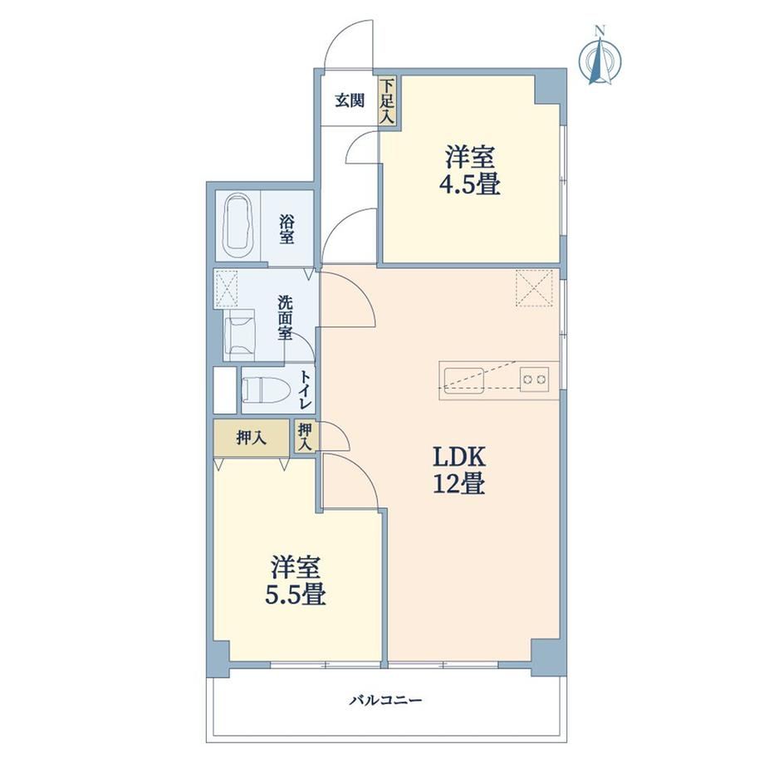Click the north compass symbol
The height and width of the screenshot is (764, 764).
[x=600, y=57]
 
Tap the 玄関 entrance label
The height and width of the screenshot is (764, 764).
[x=350, y=100]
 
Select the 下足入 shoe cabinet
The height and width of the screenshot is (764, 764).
[x=388, y=100]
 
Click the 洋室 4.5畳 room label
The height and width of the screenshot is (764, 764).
[x=471, y=170]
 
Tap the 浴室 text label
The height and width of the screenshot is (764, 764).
[x=286, y=229]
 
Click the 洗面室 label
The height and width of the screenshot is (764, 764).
[x=285, y=318]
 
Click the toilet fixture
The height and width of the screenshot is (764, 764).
[x=266, y=389]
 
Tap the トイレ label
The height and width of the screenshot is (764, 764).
[x=306, y=390]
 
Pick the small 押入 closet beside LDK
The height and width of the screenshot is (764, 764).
[x=306, y=436]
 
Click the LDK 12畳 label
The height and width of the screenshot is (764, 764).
[x=459, y=470]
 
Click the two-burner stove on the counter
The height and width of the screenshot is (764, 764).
[x=535, y=379]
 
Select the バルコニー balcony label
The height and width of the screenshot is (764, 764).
[x=385, y=701]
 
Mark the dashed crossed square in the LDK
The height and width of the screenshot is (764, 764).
[x=534, y=288]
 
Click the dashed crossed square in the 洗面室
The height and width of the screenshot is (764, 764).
[x=226, y=289]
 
